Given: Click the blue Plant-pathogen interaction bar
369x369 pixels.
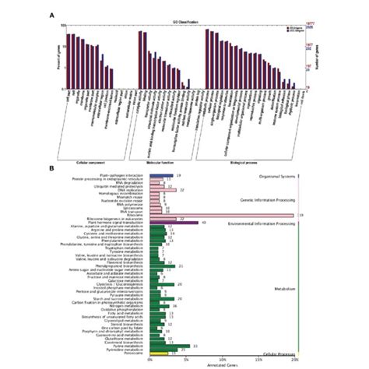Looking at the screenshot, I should click(x=161, y=176).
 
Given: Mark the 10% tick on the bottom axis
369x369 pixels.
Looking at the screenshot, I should click(x=222, y=359).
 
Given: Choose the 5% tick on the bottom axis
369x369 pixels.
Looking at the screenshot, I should click(x=185, y=359).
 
